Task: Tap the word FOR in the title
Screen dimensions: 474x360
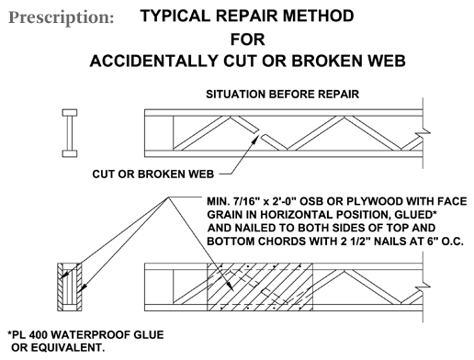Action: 248,39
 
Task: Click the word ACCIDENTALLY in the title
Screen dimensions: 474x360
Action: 153,61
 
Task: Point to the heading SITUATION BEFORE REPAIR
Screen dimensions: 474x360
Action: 282,95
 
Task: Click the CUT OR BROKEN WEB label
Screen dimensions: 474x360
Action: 153,174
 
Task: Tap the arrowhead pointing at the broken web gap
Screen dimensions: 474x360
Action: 256,138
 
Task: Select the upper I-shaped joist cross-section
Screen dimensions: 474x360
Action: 70,133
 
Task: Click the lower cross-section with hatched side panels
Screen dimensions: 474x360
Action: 70,287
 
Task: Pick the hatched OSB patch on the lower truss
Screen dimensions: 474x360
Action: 260,287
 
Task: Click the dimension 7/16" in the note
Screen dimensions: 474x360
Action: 245,202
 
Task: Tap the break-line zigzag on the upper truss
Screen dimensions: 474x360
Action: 423,133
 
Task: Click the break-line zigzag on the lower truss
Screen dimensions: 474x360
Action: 423,287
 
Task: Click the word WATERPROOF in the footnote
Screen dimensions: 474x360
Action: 91,335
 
